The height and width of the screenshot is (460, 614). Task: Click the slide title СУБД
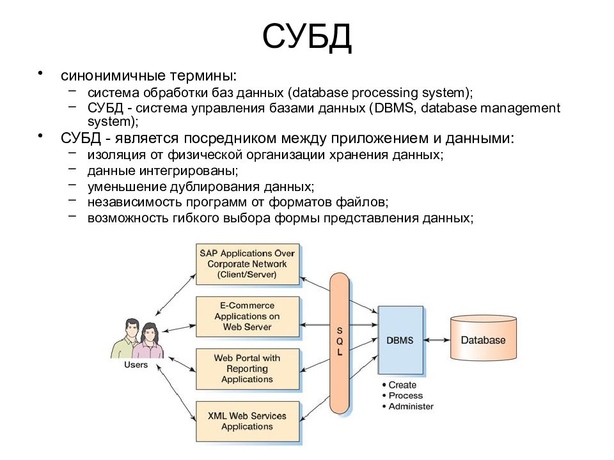click(307, 36)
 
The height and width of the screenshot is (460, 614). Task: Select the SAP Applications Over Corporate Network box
click(248, 264)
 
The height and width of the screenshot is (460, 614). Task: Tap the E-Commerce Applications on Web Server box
click(248, 317)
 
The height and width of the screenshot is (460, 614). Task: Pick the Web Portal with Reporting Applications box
click(248, 369)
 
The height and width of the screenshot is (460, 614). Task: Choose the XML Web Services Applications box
click(248, 421)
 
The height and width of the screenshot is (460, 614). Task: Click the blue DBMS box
click(400, 340)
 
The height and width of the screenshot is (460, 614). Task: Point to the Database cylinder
click(484, 338)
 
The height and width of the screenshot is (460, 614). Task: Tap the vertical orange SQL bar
click(339, 343)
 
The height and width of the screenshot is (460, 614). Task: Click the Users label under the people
click(136, 365)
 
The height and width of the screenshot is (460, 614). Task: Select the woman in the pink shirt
click(149, 341)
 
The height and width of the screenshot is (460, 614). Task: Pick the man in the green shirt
click(127, 339)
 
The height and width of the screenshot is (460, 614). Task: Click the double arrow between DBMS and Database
click(437, 340)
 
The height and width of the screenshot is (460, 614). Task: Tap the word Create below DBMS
click(402, 385)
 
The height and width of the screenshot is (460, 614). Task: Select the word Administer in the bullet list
click(411, 406)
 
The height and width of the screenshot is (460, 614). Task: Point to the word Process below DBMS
click(405, 395)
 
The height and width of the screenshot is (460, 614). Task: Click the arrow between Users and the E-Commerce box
click(178, 328)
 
